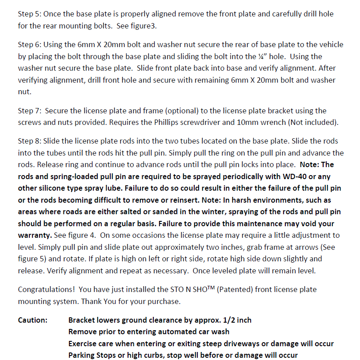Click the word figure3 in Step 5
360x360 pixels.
[x=144, y=26]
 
